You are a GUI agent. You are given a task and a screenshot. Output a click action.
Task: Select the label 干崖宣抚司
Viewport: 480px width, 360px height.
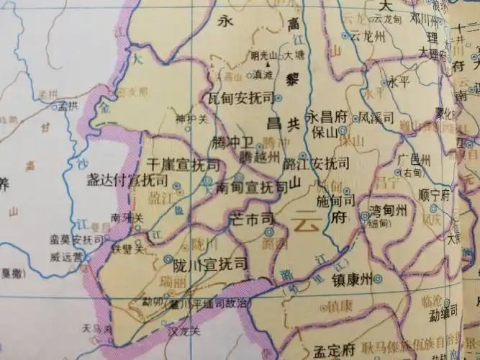click(183, 165)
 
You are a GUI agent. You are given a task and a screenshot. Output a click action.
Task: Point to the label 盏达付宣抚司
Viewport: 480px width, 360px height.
click(122, 179)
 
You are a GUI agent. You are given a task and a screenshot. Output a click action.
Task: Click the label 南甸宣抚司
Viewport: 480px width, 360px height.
click(252, 188)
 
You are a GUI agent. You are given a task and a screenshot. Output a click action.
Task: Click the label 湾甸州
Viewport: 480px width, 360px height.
click(388, 211)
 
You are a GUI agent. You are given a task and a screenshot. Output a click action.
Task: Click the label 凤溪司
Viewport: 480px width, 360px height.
click(375, 116)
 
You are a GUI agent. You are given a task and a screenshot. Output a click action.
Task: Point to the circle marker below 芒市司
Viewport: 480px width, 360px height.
click(268, 232)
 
